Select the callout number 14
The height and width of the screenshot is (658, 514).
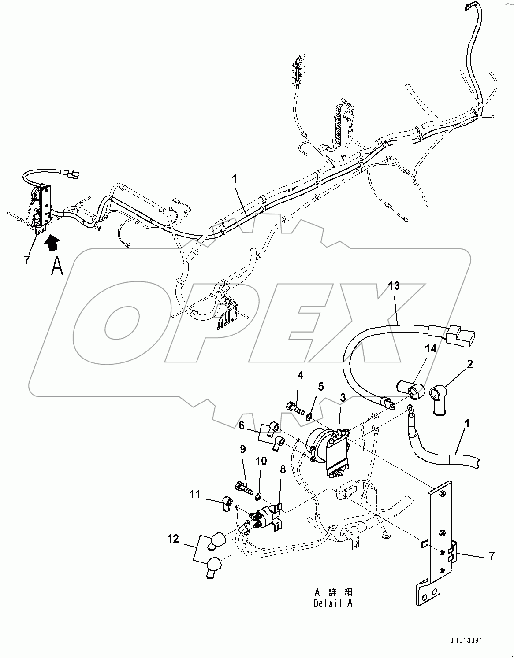(x=430, y=349)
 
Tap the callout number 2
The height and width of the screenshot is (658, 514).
(x=470, y=364)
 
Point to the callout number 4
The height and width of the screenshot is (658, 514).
(x=300, y=376)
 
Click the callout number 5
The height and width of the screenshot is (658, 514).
(x=320, y=387)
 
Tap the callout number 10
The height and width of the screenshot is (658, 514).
(x=261, y=461)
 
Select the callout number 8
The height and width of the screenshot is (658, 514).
(x=283, y=470)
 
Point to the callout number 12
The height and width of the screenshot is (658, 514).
(x=173, y=538)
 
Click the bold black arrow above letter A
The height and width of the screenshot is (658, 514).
(x=52, y=241)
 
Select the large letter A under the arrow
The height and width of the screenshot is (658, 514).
(x=56, y=266)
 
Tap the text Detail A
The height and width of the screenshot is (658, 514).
(x=333, y=603)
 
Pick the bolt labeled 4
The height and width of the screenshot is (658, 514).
(x=295, y=408)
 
